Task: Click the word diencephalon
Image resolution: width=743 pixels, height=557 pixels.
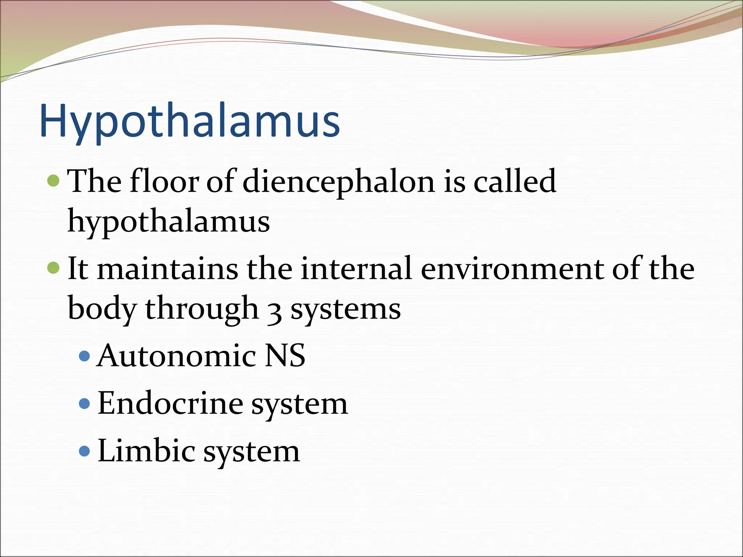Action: point(338,181)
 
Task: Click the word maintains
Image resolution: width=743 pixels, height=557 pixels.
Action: point(167,269)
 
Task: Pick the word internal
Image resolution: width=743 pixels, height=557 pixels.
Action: point(357,269)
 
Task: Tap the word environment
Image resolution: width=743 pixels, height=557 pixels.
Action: point(512,269)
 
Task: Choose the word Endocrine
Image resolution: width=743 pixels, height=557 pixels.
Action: point(170,403)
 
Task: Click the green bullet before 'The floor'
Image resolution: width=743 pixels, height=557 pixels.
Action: point(53,180)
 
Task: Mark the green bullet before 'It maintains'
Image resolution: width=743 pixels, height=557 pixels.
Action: point(53,268)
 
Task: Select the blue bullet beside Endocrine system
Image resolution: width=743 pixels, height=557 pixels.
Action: point(84,403)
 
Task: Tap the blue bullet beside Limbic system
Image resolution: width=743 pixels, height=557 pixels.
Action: point(84,451)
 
